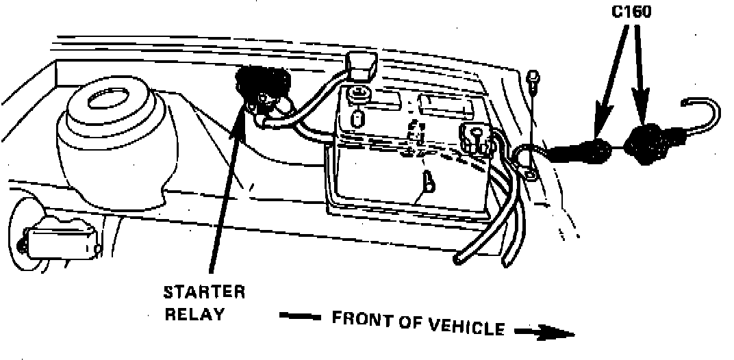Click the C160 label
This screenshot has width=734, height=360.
(x=631, y=12)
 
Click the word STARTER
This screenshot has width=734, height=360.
(x=203, y=293)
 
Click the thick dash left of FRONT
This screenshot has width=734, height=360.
(x=300, y=318)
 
